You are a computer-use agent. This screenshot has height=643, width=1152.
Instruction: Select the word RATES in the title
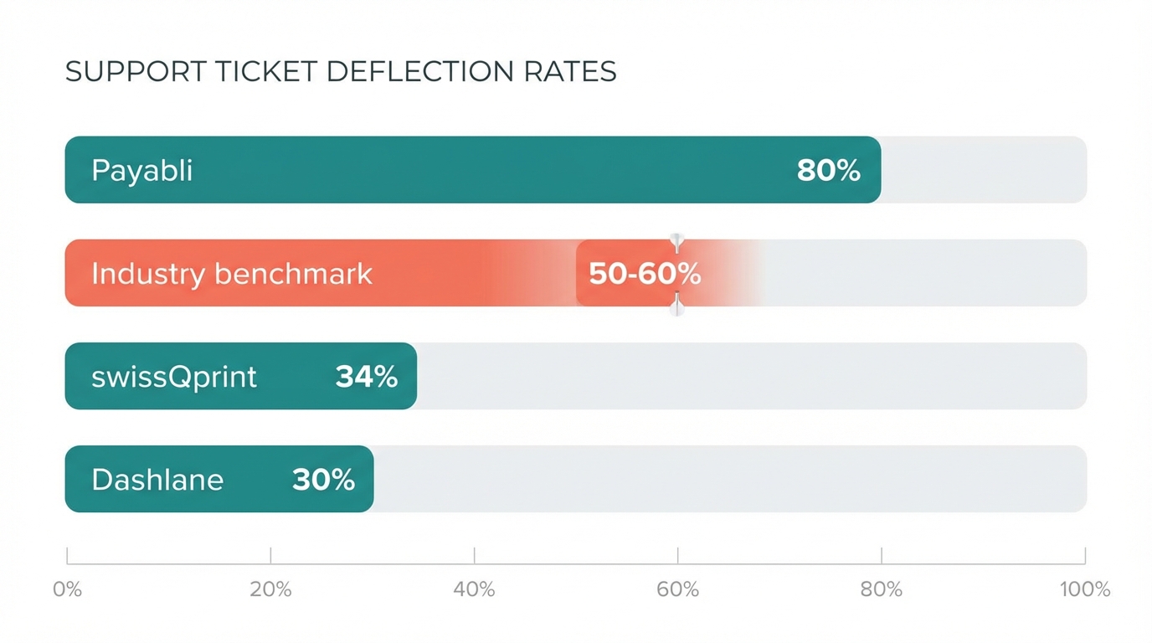pos(570,72)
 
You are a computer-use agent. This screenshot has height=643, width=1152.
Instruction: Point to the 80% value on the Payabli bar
pos(828,171)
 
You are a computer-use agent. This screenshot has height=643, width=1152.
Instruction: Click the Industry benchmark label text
pos(231,274)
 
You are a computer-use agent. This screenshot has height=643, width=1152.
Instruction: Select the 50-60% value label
pos(644,274)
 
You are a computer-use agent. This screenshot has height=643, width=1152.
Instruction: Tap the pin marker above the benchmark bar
pos(677,242)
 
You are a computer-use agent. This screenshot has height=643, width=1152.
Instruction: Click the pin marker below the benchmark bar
pos(677,306)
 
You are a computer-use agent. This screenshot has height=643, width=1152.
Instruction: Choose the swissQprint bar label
pos(173,377)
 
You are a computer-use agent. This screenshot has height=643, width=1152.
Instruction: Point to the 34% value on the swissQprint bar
pos(366,377)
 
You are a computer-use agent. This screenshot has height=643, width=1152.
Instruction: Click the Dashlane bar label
pos(157,480)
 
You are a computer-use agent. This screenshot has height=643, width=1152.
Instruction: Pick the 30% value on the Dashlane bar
pos(323,480)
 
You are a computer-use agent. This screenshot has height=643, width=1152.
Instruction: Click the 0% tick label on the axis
pos(67,589)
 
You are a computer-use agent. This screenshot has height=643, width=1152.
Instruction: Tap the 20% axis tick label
pos(270,589)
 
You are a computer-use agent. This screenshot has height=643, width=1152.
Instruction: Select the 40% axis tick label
pos(474,589)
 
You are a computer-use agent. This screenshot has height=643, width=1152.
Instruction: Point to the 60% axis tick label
pos(677,589)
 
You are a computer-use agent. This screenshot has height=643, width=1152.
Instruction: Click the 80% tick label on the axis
pos(882,589)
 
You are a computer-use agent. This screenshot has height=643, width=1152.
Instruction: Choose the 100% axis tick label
pos(1084,589)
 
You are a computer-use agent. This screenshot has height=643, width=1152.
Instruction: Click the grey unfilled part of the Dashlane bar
pos(728,480)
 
